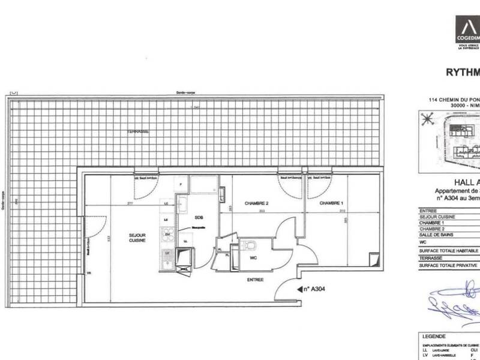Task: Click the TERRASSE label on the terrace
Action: pos(138,131)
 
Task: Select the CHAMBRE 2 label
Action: pos(256,204)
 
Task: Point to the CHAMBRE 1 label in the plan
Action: pos(331,204)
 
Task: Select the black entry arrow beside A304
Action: pos(301,289)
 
